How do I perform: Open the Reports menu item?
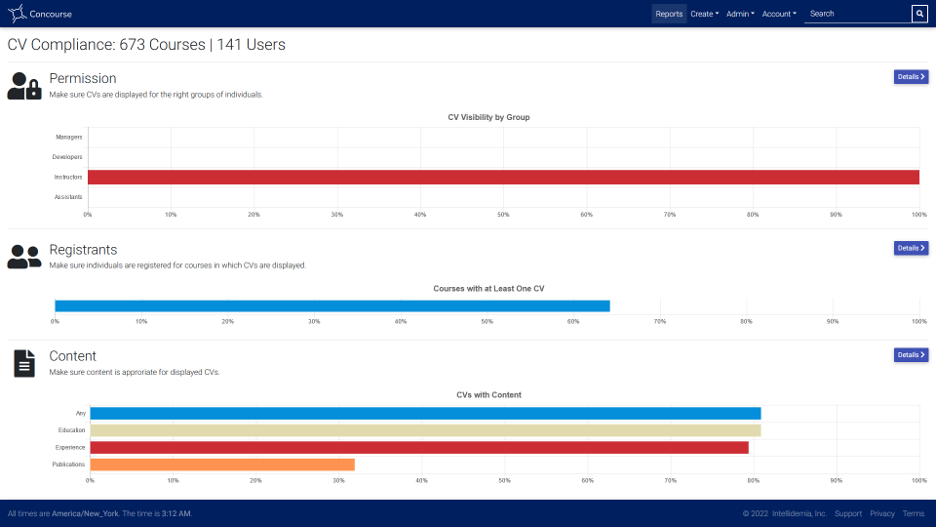669,14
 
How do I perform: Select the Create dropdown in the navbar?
704,14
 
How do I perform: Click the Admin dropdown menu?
740,14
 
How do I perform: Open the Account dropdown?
779,14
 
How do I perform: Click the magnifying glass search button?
919,14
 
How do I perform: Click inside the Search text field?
857,14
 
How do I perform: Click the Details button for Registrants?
911,248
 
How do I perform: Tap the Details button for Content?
911,355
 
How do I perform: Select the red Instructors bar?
503,177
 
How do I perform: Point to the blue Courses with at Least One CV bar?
332,305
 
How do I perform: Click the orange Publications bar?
222,465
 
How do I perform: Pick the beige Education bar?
426,430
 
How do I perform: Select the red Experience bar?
419,448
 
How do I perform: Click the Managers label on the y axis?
69,137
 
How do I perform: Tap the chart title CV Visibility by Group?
488,117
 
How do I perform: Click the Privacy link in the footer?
882,513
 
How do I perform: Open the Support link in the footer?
848,513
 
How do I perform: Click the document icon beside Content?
24,363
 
